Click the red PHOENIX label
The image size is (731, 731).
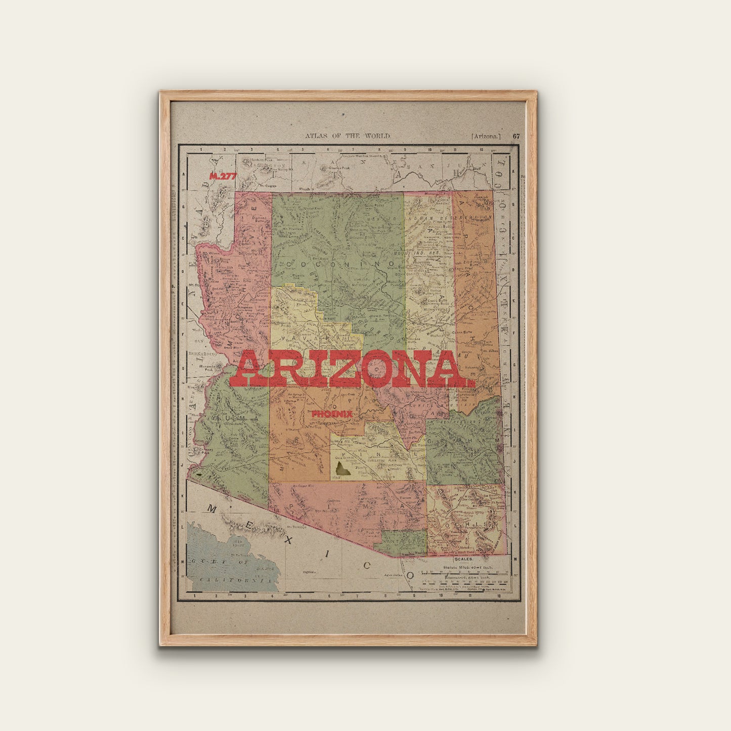332,414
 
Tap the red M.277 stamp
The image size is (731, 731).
223,176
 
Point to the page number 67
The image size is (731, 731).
516,136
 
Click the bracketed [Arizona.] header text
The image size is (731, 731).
486,136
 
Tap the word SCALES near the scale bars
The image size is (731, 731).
463,559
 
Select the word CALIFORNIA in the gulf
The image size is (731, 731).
233,579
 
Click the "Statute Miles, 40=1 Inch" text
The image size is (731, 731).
464,569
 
